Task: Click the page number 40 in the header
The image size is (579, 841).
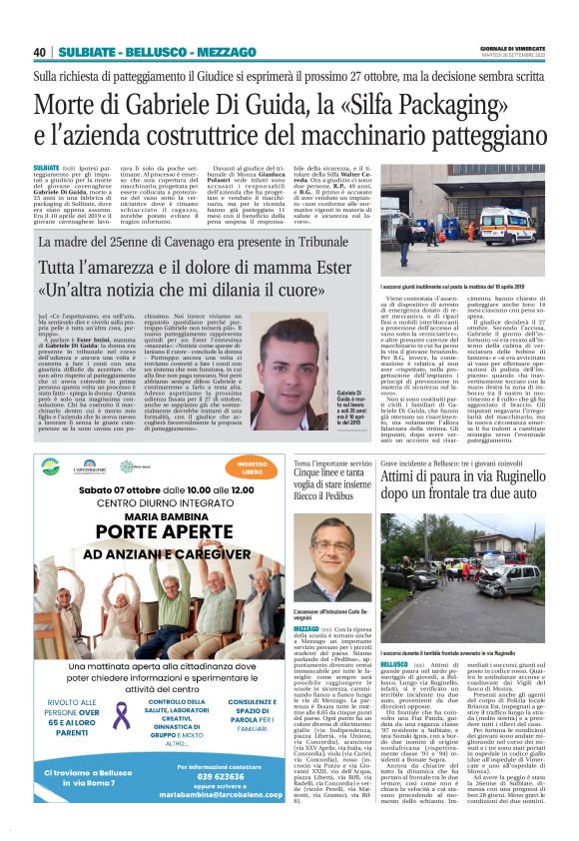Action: pos(40,52)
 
